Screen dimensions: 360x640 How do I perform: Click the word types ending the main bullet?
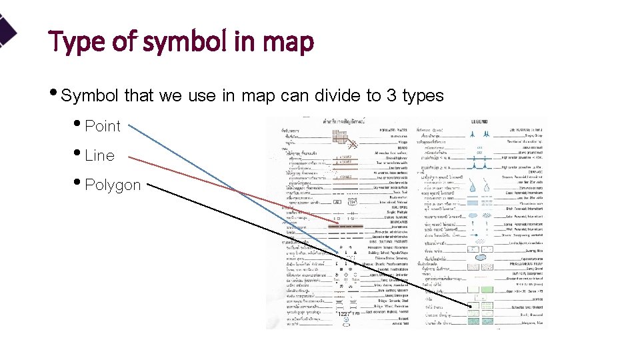(423, 96)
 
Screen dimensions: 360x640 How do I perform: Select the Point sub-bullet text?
(103, 126)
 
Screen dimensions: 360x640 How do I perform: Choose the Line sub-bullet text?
(100, 155)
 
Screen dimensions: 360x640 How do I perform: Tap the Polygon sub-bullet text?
(113, 185)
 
